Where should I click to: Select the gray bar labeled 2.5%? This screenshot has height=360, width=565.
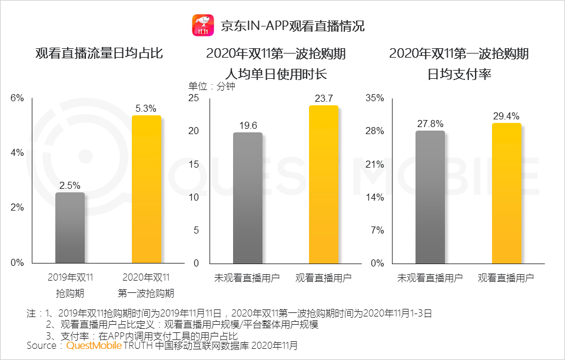pyautogui.click(x=70, y=228)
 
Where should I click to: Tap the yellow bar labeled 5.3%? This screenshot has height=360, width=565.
pyautogui.click(x=146, y=189)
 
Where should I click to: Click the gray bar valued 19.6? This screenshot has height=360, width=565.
pyautogui.click(x=248, y=198)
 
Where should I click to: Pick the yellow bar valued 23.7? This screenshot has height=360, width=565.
pyautogui.click(x=324, y=184)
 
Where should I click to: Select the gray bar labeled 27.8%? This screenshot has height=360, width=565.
pyautogui.click(x=430, y=197)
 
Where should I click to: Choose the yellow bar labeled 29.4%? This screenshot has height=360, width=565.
pyautogui.click(x=506, y=193)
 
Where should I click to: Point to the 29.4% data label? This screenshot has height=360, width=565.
pyautogui.click(x=506, y=116)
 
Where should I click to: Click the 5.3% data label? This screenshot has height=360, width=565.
pyautogui.click(x=146, y=108)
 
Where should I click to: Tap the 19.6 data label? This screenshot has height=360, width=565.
pyautogui.click(x=248, y=125)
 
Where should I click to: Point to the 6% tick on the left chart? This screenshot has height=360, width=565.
pyautogui.click(x=18, y=98)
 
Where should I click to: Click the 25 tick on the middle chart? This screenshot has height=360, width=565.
pyautogui.click(x=194, y=98)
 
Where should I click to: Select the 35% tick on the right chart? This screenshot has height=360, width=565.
pyautogui.click(x=375, y=98)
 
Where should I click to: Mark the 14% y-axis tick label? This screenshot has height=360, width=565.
pyautogui.click(x=375, y=197)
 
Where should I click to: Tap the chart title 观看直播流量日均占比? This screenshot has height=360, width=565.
pyautogui.click(x=99, y=54)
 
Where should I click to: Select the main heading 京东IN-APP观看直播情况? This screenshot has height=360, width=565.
pyautogui.click(x=293, y=26)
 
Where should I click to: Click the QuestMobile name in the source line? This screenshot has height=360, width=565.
pyautogui.click(x=94, y=346)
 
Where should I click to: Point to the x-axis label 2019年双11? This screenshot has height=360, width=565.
pyautogui.click(x=70, y=277)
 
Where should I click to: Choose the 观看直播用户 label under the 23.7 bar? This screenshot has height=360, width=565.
pyautogui.click(x=324, y=277)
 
